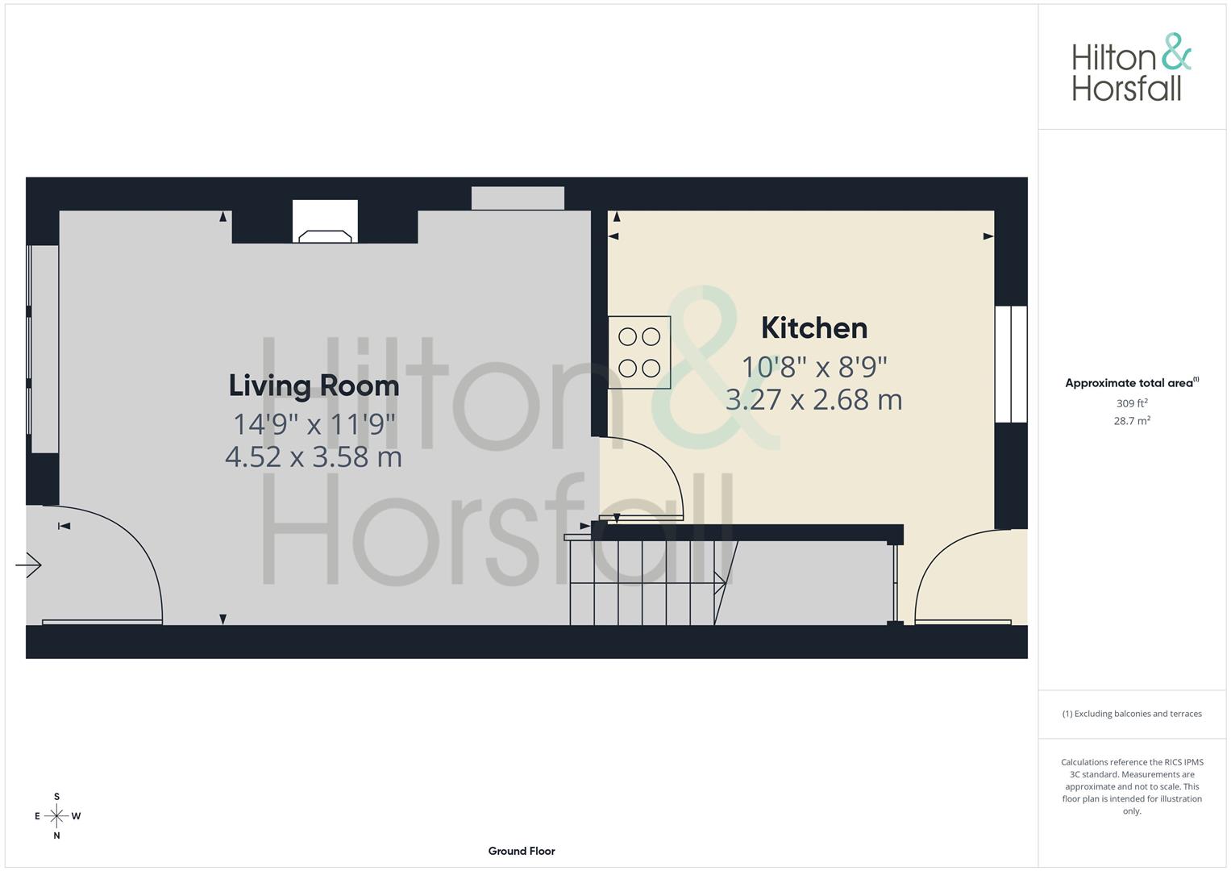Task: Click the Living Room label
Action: coord(314,385)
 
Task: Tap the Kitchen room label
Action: coord(814,328)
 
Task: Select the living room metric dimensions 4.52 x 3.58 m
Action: coord(314,457)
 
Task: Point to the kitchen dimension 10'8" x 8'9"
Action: coord(814,367)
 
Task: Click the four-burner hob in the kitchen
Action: coord(639,352)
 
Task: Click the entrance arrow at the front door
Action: coord(29,565)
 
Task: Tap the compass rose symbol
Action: coord(56,816)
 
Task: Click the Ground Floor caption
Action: coord(522,851)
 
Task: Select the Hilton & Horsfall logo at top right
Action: coord(1130,68)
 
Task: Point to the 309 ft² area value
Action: coord(1131,403)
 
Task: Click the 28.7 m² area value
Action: coord(1131,421)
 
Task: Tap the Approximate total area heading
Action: coord(1131,383)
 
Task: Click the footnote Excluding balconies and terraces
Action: coord(1132,714)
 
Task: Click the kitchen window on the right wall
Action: coord(1011,364)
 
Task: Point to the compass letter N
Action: coord(56,836)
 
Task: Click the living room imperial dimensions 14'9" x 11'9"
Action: coord(314,424)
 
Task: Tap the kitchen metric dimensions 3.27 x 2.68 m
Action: coord(814,400)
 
